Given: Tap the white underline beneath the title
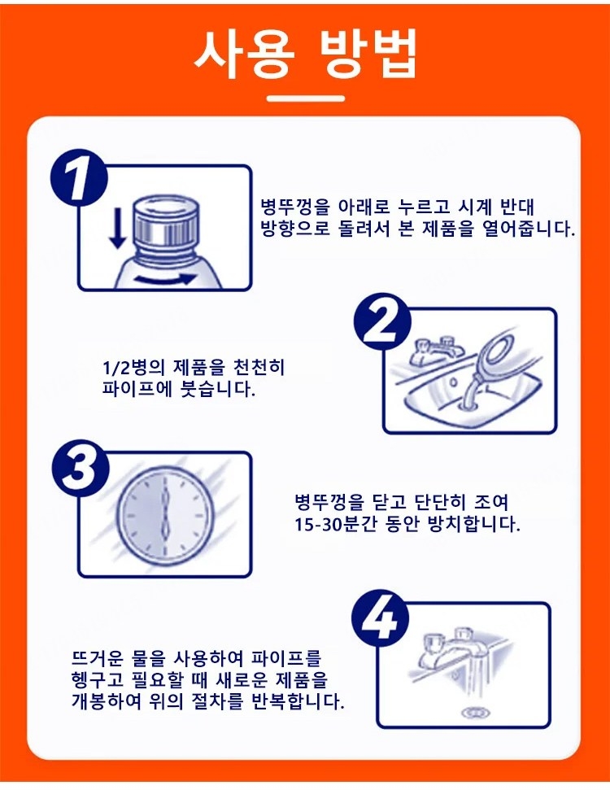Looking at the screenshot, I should (306, 98).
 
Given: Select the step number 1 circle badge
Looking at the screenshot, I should (80, 177).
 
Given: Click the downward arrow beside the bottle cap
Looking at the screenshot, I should (117, 229).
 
